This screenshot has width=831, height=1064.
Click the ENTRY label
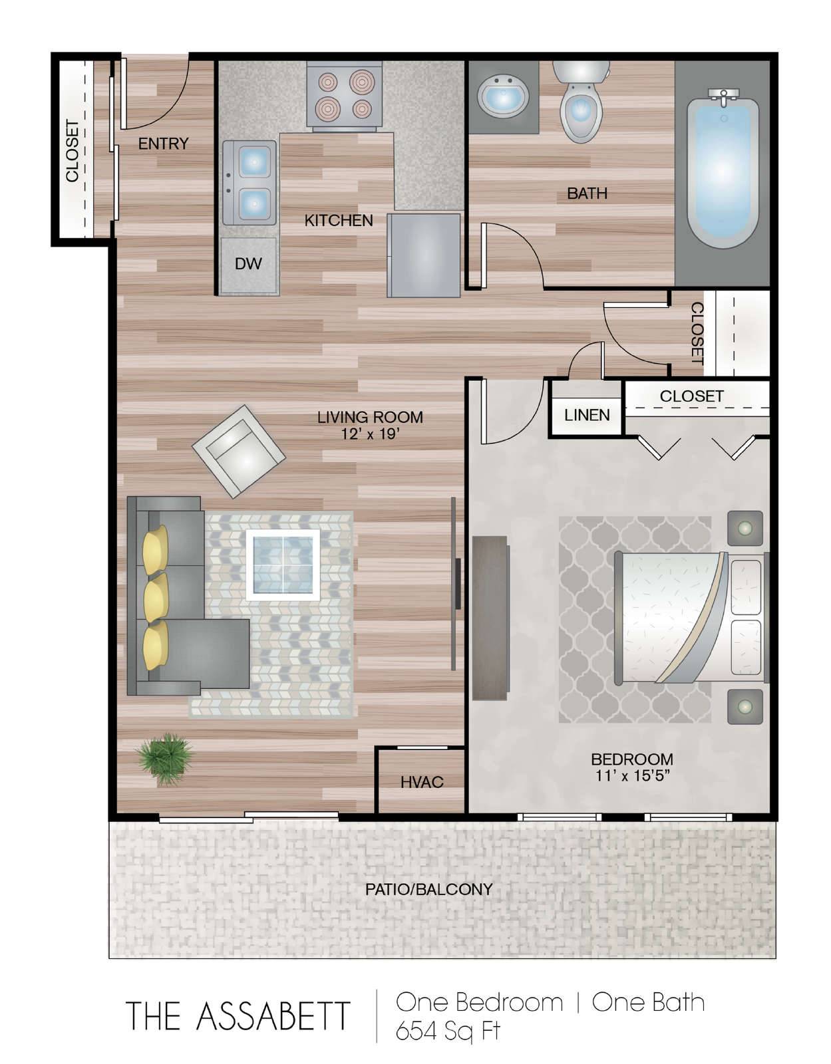(x=163, y=144)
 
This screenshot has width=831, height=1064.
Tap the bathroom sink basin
(x=504, y=96)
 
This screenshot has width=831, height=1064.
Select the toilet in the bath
(x=580, y=100)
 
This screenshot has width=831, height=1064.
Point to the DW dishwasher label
(x=248, y=264)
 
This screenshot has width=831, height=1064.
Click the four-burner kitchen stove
(x=344, y=96)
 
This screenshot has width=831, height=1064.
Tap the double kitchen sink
(x=249, y=183)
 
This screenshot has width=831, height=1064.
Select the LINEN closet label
(x=587, y=415)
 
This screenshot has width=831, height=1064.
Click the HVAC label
(x=422, y=782)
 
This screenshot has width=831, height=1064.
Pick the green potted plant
(x=166, y=759)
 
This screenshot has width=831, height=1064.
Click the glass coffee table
(x=283, y=565)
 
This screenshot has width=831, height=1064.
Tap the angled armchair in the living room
(x=238, y=451)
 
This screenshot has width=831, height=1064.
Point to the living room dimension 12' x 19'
(x=370, y=434)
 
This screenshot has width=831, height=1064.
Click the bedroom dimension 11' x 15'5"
(x=631, y=775)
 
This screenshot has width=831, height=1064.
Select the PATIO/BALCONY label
(x=428, y=889)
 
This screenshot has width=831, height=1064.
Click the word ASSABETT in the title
(x=273, y=1016)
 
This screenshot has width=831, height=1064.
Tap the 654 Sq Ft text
(x=448, y=1031)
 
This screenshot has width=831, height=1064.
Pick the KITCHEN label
(x=339, y=221)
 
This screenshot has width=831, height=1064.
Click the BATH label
(x=587, y=194)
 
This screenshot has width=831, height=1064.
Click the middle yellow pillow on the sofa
(x=156, y=597)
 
